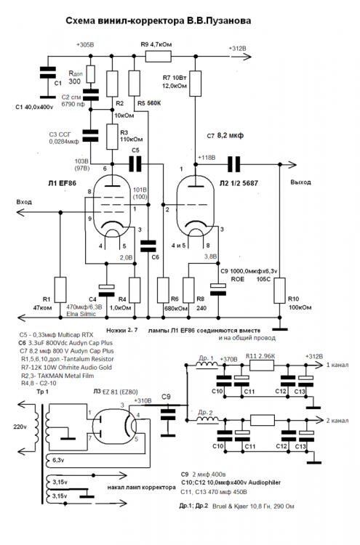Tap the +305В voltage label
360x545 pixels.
tap(85, 46)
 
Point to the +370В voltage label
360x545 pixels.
tap(228, 359)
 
